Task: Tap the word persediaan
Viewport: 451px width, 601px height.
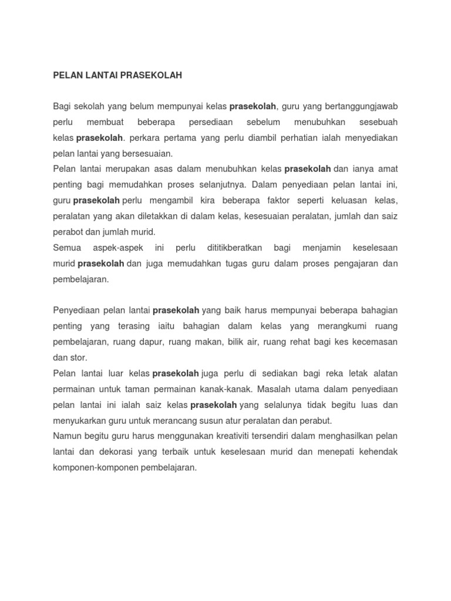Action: coord(211,122)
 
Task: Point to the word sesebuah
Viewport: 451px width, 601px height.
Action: coord(377,122)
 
